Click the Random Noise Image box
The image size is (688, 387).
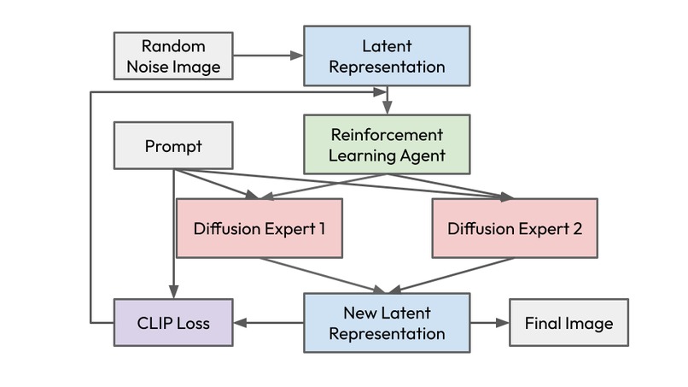coord(173,56)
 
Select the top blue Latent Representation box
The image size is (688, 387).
coord(386,56)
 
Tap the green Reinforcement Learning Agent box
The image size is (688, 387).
coord(386,144)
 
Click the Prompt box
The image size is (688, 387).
coord(173,145)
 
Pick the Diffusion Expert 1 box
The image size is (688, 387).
coord(259,228)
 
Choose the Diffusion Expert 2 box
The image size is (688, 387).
coord(515,228)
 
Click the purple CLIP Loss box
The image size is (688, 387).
coord(173,323)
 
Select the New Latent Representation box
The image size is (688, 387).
coord(386,323)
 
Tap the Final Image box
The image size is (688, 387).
coord(568,323)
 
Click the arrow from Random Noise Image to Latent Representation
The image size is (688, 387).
coord(268,56)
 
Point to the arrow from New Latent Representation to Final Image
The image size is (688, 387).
coord(489,323)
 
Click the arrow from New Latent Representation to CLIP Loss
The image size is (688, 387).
coord(268,323)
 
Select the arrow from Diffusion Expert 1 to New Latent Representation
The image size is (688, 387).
coord(318,274)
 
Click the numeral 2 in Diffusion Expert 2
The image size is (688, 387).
coord(577,228)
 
